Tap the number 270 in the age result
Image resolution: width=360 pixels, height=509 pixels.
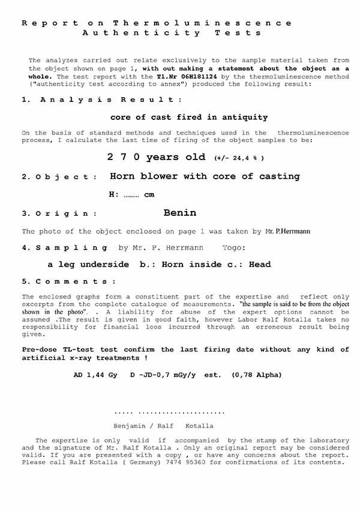coord(122,157)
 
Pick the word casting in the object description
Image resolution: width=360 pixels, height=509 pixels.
coord(279,176)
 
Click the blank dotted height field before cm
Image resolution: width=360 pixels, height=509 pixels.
coord(131,195)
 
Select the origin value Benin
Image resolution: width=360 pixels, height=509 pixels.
coord(179,213)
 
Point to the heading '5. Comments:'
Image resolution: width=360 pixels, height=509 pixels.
coord(69,282)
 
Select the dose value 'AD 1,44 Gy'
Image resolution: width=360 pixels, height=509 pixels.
coord(95,375)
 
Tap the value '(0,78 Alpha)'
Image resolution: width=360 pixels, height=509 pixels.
coord(256,375)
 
